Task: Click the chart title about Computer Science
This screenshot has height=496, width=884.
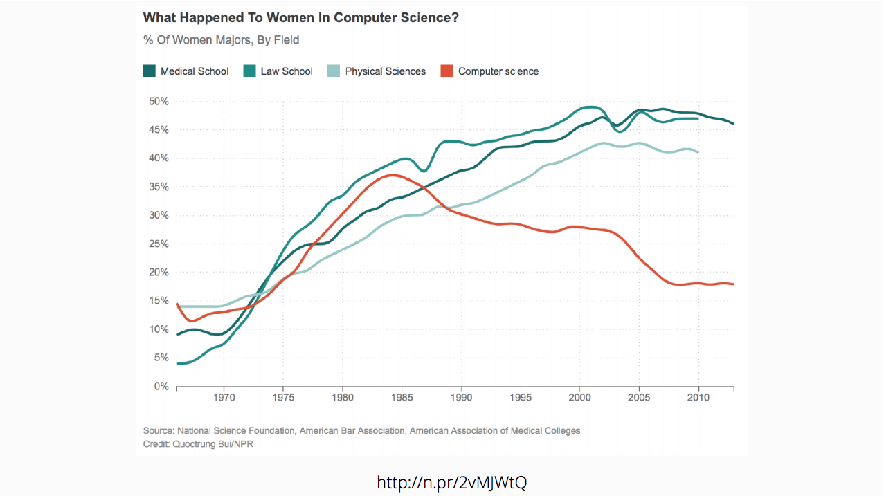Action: (x=300, y=17)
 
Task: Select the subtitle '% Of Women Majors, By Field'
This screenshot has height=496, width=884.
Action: (x=222, y=40)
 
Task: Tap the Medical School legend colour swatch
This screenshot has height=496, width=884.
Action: (x=149, y=71)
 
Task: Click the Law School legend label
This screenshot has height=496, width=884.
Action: (x=287, y=71)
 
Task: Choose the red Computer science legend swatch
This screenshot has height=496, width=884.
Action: (x=446, y=71)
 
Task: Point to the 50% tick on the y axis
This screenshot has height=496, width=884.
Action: (x=159, y=102)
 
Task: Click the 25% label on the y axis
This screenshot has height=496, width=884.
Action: (x=159, y=244)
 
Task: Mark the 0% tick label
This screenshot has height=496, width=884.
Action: (x=161, y=387)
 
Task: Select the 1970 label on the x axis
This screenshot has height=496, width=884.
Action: (x=224, y=398)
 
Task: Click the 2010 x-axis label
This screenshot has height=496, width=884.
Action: (x=698, y=398)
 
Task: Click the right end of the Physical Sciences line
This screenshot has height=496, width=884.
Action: (x=698, y=152)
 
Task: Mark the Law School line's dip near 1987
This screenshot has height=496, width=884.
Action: (x=424, y=171)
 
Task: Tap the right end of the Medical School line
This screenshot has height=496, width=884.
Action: (x=733, y=124)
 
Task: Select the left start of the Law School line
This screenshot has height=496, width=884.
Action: (x=178, y=363)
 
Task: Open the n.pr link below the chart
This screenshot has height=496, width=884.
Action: (x=451, y=482)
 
